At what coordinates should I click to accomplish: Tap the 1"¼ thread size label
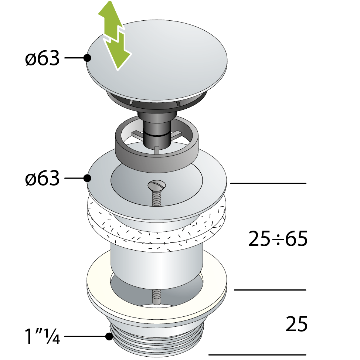coord(42,336)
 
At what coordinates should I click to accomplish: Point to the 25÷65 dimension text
coord(278,239)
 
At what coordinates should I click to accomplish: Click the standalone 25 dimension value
coord(296,324)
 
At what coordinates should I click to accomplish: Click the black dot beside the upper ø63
coord(87,58)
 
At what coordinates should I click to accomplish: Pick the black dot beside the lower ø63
coord(87,178)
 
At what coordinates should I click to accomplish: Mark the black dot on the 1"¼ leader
coord(109,337)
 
